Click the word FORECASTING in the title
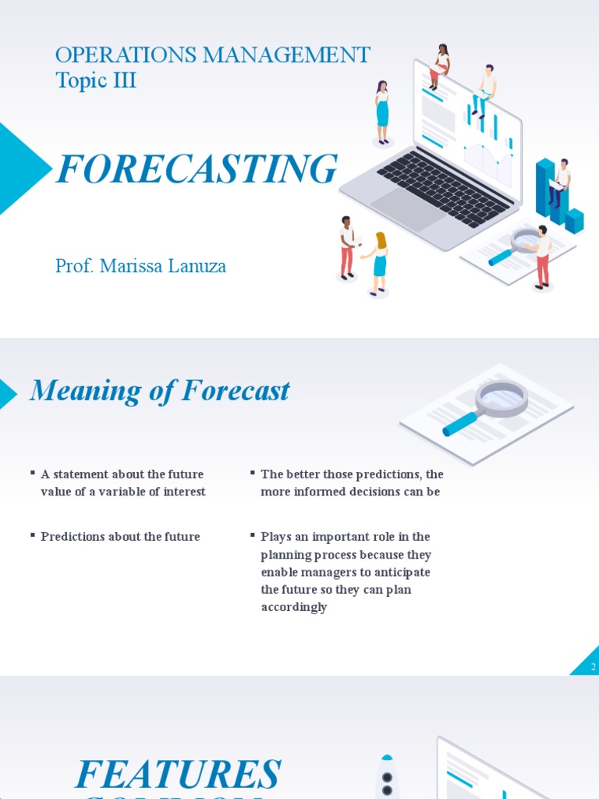(x=197, y=169)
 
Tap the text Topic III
(x=96, y=80)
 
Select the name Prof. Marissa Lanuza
(x=140, y=266)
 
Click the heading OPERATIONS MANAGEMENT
(x=212, y=55)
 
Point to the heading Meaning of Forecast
(x=159, y=391)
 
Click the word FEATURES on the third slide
(x=177, y=774)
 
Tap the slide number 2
(x=593, y=666)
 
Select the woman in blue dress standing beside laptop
(x=382, y=112)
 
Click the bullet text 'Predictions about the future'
(x=120, y=537)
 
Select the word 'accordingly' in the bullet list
(x=294, y=607)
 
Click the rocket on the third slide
(x=387, y=776)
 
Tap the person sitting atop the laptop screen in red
(x=440, y=66)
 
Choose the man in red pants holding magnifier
(x=541, y=257)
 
